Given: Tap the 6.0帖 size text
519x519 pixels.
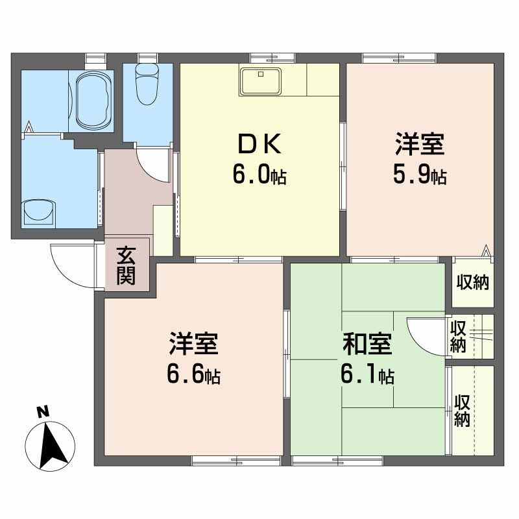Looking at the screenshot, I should [260, 175].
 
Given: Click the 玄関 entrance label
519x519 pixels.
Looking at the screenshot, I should [127, 266].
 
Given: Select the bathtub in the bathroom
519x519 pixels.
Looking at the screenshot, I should [95, 100].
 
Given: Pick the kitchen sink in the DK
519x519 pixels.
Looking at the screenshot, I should [260, 82].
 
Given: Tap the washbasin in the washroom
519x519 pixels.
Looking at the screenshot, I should [40, 211].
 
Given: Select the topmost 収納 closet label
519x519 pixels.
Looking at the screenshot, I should [472, 283].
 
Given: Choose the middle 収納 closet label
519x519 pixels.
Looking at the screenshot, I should [458, 336].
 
